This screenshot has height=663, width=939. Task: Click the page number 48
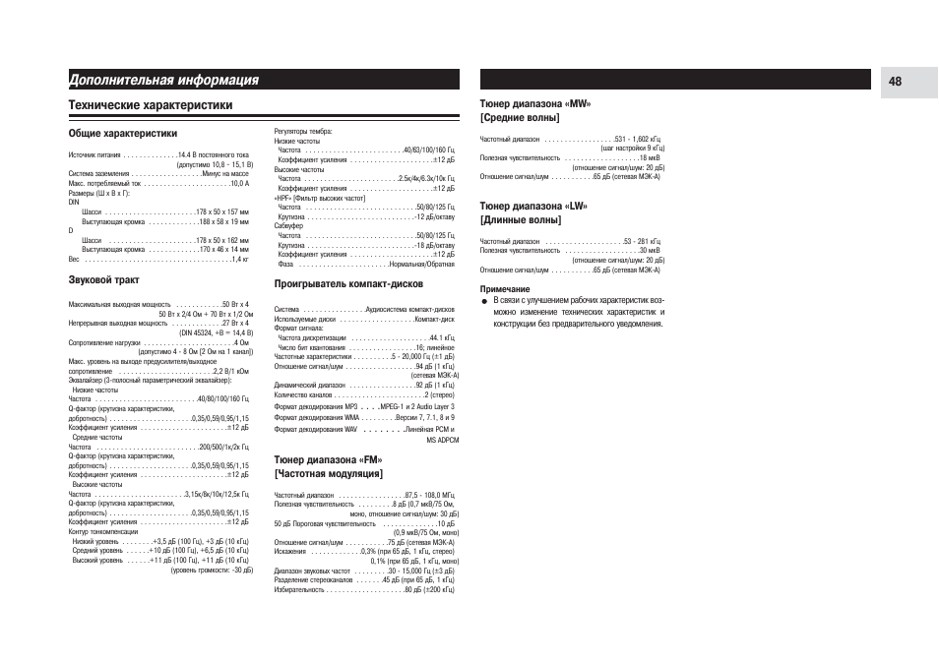coord(894,82)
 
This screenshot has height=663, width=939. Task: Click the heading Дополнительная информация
coord(163,80)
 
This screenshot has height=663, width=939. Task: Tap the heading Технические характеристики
coord(151,104)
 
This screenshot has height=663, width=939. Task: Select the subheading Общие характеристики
coord(123,133)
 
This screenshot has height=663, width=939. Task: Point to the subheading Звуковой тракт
coord(103,279)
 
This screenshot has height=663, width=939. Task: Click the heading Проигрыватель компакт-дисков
coord(348,283)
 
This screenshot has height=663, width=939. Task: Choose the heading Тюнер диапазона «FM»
coord(328,459)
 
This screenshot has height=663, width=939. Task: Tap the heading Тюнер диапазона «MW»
coord(535,103)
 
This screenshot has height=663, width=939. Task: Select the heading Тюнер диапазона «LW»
coord(532,206)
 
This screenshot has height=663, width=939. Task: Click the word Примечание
coord(504,288)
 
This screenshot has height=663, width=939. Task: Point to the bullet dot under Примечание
coord(484,299)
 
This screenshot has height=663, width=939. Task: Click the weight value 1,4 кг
coord(239,259)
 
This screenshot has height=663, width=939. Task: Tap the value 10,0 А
coord(239,183)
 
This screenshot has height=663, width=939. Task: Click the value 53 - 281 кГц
coord(642,241)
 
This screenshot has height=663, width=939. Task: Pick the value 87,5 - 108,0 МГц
coord(429,494)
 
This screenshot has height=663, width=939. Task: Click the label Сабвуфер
coord(288,226)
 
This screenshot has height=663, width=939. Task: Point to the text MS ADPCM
coord(442,441)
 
